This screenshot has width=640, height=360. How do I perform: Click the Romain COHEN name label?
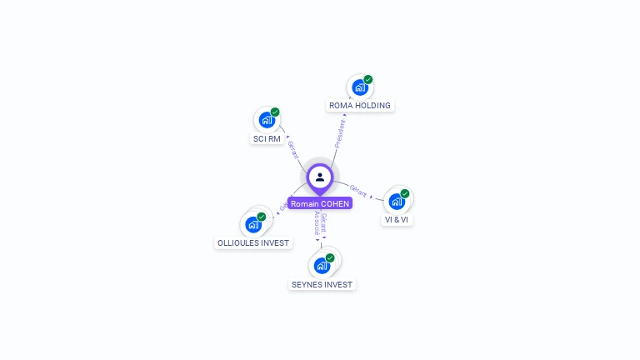coord(320,203)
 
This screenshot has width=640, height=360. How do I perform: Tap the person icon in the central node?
coord(320,177)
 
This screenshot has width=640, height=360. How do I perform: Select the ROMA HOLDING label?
coord(360,106)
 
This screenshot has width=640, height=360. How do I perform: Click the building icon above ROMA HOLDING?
coord(359,87)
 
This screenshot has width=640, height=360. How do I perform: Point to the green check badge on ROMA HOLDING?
coord(368,80)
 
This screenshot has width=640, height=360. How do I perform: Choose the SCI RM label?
coord(267,138)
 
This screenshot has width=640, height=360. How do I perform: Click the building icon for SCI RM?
coord(266,120)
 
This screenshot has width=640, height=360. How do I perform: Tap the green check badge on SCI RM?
coord(275,112)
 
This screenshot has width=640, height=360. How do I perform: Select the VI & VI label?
coord(397,220)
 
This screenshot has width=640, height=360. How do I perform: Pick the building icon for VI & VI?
coord(397,202)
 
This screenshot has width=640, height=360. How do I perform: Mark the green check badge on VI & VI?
coord(405,194)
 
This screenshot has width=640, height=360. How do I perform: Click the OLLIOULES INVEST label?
coord(253,243)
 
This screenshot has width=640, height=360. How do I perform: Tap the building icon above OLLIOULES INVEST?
coord(252,225)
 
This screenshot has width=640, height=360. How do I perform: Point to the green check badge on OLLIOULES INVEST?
coord(262,217)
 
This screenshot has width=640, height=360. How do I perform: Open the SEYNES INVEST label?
coord(322,284)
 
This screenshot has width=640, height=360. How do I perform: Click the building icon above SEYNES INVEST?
coord(321,266)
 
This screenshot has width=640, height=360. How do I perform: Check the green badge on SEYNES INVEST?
coord(330,258)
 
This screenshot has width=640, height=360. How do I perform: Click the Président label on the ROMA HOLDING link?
coord(340,133)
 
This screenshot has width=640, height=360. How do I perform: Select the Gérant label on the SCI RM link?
coord(292,150)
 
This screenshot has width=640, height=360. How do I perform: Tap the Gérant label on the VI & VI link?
coord(358,190)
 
